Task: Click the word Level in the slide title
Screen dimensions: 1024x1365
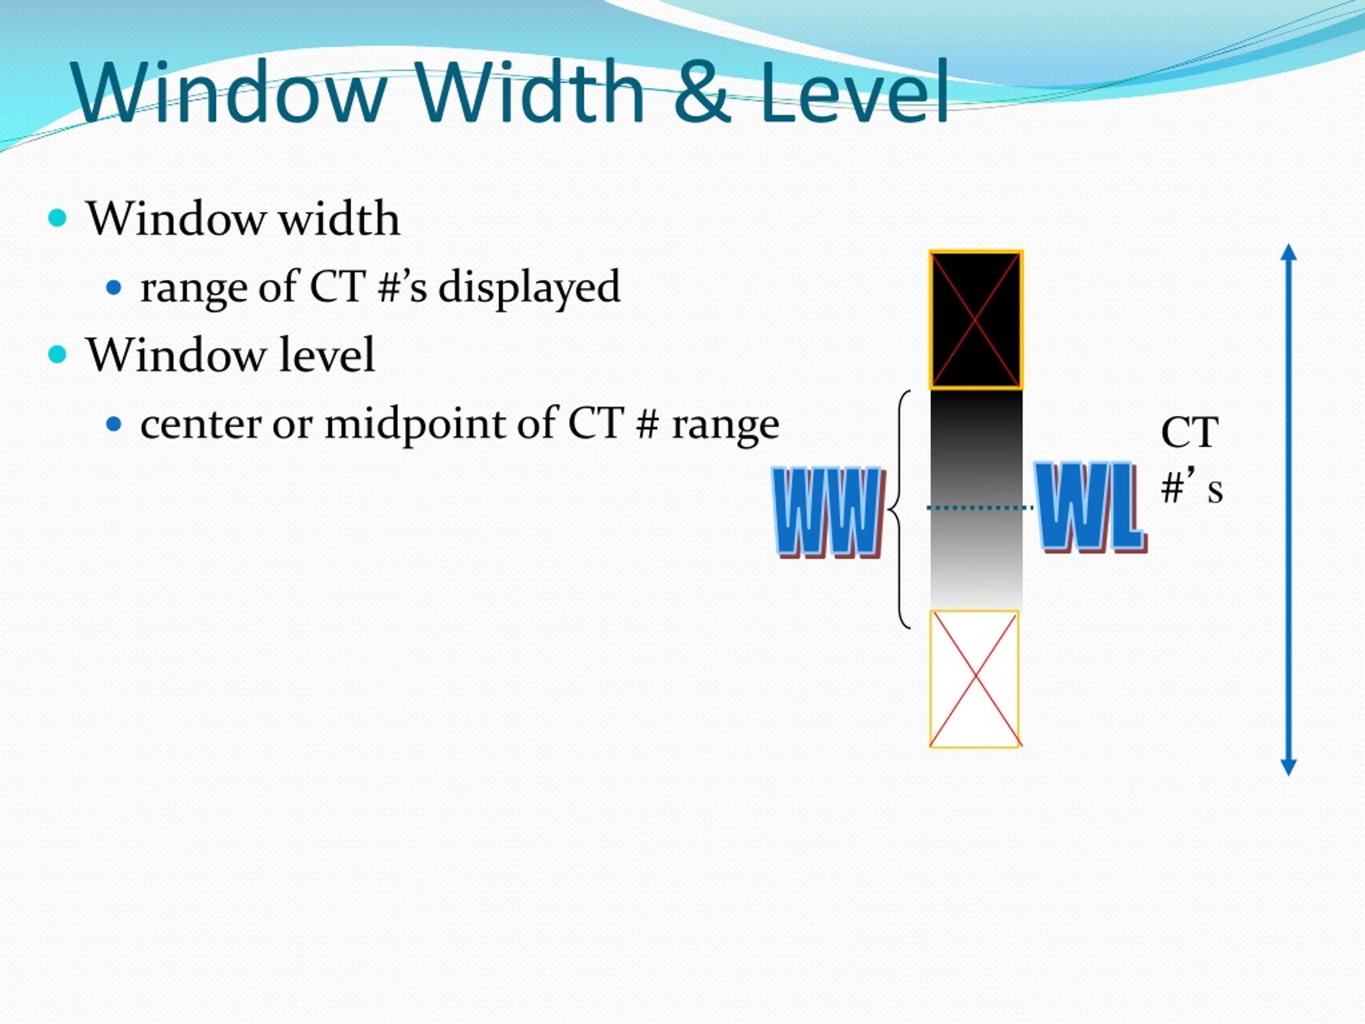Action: (x=854, y=93)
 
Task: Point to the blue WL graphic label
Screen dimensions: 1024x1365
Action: (x=1090, y=507)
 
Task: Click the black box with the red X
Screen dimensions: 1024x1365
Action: (x=976, y=319)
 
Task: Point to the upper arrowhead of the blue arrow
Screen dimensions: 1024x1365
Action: (x=1288, y=253)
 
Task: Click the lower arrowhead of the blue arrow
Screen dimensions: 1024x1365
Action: (x=1288, y=766)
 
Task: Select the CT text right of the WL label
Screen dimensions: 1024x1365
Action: (x=1189, y=433)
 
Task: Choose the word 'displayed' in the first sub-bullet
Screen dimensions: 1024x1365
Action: (x=529, y=287)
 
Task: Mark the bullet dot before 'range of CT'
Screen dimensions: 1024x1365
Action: (x=114, y=287)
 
